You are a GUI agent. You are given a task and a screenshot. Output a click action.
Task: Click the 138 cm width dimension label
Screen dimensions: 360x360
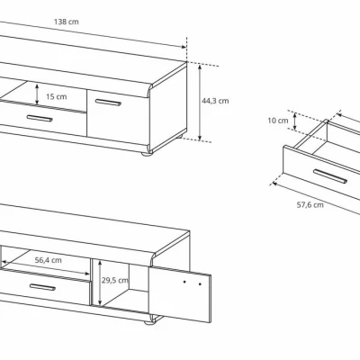coord(67,22)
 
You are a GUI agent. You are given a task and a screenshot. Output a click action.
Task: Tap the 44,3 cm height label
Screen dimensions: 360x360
coord(215,101)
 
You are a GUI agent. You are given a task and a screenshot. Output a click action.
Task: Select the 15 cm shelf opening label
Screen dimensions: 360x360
coord(57,96)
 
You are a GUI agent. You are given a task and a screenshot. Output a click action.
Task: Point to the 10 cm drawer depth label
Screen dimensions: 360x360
coord(278,121)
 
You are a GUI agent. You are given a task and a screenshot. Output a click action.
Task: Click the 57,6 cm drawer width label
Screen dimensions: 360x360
coord(310,205)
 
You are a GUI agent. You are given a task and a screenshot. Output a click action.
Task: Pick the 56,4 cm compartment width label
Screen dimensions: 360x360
coord(49,260)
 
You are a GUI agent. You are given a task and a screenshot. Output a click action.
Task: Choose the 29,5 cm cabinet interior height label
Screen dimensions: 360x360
coord(114,281)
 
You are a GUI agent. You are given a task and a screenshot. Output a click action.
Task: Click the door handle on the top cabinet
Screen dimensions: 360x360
coord(108,103)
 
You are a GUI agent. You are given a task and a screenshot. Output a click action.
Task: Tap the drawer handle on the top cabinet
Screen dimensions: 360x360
coord(40,118)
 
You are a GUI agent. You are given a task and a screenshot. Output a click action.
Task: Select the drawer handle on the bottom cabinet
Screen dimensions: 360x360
coord(42,287)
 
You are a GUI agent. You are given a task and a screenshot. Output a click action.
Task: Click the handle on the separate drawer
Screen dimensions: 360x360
coord(330,176)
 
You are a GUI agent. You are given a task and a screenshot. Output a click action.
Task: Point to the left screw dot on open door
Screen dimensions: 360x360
coord(184,282)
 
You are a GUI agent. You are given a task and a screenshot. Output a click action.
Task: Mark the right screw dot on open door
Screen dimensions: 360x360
coord(200,283)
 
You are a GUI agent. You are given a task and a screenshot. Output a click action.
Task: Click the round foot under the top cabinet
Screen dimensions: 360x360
coord(148,154)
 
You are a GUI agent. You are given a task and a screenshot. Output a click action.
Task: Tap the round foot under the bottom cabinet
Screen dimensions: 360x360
coord(149,323)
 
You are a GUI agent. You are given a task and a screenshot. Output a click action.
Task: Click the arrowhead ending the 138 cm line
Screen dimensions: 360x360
coord(184,47)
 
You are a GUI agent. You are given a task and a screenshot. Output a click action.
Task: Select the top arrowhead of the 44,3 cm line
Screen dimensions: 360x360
coord(200,67)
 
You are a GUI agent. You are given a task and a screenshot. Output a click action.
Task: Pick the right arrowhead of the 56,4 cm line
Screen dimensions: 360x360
coord(87,274)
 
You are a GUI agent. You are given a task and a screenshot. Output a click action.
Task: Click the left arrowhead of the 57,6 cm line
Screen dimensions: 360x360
coord(274,184)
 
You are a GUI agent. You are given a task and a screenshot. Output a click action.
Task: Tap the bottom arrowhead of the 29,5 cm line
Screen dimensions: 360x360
coord(100,302)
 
